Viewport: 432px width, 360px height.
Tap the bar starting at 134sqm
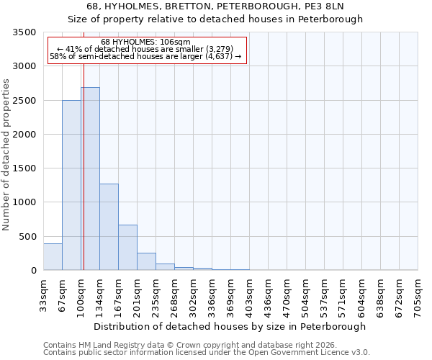coord(109,227)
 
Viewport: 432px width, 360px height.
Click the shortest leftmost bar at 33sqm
coord(53,257)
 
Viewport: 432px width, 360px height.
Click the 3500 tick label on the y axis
coord(24,32)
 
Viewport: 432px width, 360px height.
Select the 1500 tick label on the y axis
coord(24,168)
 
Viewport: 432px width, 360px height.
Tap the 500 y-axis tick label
coord(27,237)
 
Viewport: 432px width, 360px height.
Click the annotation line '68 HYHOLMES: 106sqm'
coord(146,42)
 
